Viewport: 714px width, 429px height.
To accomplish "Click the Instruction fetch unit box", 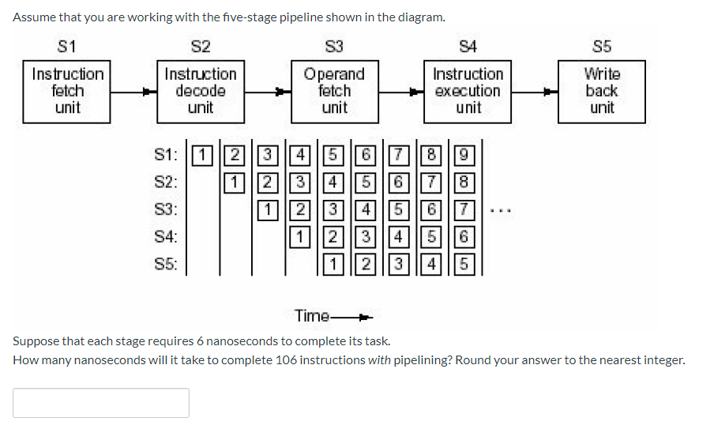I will [x=67, y=91].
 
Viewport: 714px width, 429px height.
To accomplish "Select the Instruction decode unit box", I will [x=200, y=91].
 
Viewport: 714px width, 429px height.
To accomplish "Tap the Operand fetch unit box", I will [x=334, y=91].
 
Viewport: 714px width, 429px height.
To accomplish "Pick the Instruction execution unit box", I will [x=468, y=91].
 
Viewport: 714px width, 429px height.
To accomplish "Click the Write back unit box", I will [x=601, y=91].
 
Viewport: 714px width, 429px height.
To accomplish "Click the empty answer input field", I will [x=101, y=402].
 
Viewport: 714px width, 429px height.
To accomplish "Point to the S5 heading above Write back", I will [x=601, y=47].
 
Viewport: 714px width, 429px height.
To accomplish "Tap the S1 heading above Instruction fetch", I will [x=67, y=47].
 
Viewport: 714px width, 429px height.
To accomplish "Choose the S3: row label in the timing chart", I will [x=166, y=210].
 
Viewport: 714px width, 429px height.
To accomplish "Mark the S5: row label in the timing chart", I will [x=166, y=264].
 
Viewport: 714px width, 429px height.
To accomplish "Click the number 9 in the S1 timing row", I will [x=465, y=154].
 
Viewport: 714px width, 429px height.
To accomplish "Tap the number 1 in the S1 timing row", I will [x=203, y=154].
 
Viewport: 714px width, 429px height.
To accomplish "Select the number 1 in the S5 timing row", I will [x=334, y=265].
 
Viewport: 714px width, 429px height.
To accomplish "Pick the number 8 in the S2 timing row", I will [x=465, y=182].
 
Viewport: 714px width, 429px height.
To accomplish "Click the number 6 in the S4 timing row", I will [x=465, y=237].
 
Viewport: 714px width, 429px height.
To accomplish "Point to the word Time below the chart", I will [x=312, y=316].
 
